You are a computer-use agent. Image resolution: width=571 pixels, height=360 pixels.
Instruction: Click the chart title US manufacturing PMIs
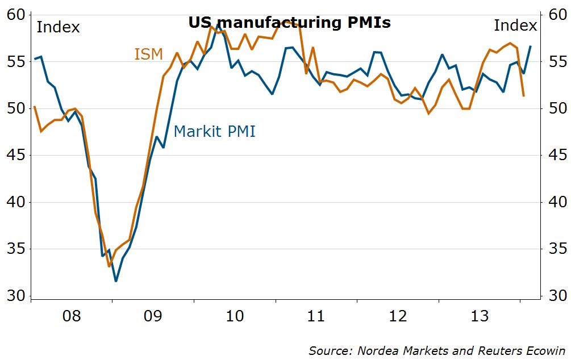[x=289, y=23]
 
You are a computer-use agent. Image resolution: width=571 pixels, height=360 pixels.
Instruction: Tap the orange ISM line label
[x=148, y=55]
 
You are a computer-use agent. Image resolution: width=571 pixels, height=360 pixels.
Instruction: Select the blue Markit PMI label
[x=214, y=132]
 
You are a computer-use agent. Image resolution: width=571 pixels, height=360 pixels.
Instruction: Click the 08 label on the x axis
[x=72, y=316]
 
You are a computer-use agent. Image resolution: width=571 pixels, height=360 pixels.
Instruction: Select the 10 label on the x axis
[x=235, y=316]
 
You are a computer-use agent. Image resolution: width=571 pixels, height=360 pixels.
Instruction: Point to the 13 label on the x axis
[x=480, y=316]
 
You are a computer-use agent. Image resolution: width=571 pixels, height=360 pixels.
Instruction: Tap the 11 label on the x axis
[x=316, y=316]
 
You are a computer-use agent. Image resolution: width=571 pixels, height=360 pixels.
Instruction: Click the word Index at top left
[x=58, y=27]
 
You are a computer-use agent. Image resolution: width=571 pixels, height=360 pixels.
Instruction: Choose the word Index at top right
[x=515, y=26]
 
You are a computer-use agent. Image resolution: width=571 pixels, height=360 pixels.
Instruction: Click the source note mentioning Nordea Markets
[x=437, y=350]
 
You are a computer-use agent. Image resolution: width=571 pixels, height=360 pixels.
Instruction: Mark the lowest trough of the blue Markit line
[x=116, y=281]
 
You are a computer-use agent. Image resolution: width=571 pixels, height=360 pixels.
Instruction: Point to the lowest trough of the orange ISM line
[x=109, y=266]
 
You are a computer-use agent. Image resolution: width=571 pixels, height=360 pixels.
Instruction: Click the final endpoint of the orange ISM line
[x=523, y=96]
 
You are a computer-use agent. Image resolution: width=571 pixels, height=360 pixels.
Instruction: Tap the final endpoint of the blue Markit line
[x=530, y=47]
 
